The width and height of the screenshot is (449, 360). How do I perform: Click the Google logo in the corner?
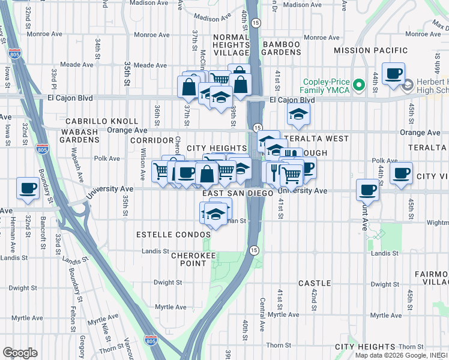coord(20,353)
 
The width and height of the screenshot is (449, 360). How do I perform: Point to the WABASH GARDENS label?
coord(79,135)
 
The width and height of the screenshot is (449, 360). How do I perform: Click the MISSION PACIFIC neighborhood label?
coord(370,51)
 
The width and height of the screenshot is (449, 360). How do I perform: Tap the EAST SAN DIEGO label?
coord(234,193)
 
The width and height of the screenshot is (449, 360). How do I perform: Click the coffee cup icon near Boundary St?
coord(28,188)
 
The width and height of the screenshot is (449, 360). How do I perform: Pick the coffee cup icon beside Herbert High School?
coord(393,74)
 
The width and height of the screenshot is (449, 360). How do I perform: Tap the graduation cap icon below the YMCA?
coord(298,113)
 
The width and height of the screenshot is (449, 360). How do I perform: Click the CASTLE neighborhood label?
coord(315,283)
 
